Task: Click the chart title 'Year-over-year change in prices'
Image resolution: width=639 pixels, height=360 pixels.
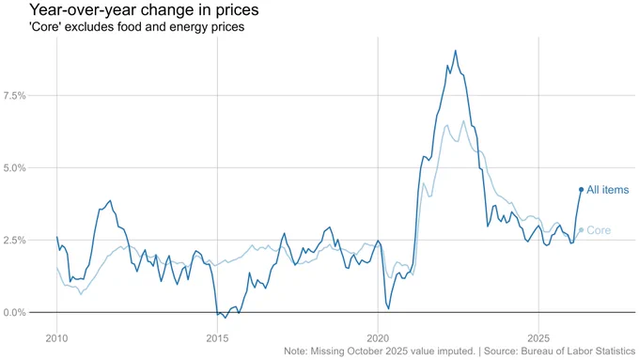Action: click(x=144, y=9)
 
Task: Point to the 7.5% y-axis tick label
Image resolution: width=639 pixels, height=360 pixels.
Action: click(x=14, y=96)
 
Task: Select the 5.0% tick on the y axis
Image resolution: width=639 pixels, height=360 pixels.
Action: click(x=14, y=168)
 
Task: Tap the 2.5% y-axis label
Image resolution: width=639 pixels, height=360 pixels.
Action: click(x=14, y=240)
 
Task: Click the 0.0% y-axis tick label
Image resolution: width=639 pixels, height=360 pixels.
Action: click(x=14, y=313)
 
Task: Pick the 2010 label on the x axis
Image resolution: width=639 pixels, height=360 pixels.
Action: click(x=56, y=338)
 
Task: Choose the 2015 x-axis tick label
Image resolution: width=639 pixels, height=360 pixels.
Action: click(x=217, y=338)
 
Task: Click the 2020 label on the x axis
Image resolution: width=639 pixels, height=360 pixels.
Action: click(x=378, y=338)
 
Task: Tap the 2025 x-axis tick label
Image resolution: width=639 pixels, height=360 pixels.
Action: click(x=538, y=338)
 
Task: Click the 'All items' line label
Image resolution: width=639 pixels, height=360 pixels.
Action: click(x=608, y=190)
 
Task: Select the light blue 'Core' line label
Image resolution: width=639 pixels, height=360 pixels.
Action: click(x=599, y=230)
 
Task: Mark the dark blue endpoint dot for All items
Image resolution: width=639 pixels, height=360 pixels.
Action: click(x=581, y=190)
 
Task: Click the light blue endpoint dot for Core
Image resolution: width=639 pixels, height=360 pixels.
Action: click(x=581, y=230)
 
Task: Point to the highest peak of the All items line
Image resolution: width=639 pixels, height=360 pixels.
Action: click(x=455, y=51)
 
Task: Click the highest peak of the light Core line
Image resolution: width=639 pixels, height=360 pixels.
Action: click(x=463, y=120)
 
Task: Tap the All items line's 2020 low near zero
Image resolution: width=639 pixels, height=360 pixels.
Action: click(x=388, y=308)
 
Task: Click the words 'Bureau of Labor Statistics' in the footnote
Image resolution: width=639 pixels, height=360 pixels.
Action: click(x=578, y=351)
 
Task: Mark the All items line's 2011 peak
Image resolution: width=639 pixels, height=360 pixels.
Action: click(x=110, y=200)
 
